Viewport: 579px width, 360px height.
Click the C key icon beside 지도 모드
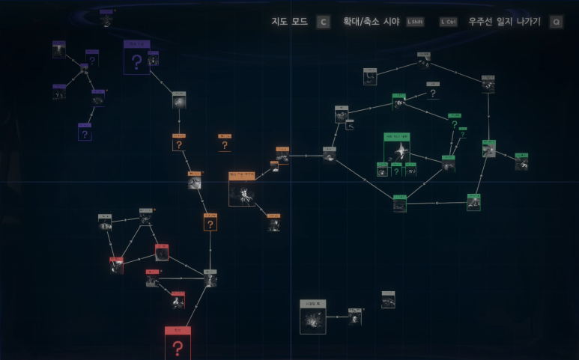323,22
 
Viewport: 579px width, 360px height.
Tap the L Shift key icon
414,22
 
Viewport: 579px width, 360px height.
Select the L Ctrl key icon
448,22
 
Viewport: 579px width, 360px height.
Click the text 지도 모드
290,22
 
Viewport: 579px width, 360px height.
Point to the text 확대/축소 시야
372,22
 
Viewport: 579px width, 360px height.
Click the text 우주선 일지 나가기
504,22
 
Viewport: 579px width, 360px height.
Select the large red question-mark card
178,344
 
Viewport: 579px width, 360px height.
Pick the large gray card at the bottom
312,317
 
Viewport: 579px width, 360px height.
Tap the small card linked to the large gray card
355,317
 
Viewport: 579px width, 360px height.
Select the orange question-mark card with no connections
225,143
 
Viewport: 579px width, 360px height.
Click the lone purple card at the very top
106,19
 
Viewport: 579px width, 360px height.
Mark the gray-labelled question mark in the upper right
433,92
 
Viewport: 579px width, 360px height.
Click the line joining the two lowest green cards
437,203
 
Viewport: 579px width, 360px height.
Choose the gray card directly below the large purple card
179,100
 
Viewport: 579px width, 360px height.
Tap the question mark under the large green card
397,171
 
